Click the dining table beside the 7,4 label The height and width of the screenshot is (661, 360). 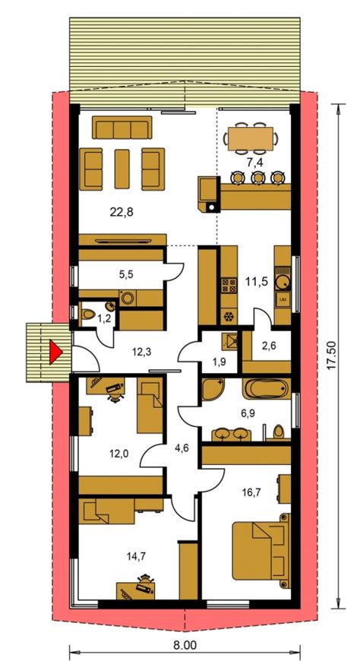tap(248, 138)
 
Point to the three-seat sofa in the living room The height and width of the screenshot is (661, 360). tap(122, 126)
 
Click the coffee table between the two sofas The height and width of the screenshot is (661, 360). tap(122, 168)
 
